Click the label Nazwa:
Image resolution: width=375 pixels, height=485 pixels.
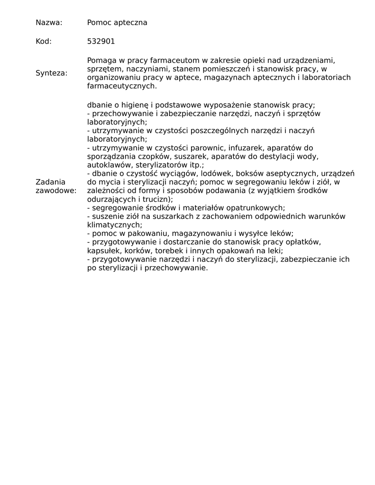[49, 23]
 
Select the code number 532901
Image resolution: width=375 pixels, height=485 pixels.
[101, 41]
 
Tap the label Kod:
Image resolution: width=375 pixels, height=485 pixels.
[44, 41]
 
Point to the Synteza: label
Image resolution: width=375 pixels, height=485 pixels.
[52, 73]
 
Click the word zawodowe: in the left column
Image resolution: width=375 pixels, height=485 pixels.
[56, 191]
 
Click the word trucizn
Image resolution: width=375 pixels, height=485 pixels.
[159, 199]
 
